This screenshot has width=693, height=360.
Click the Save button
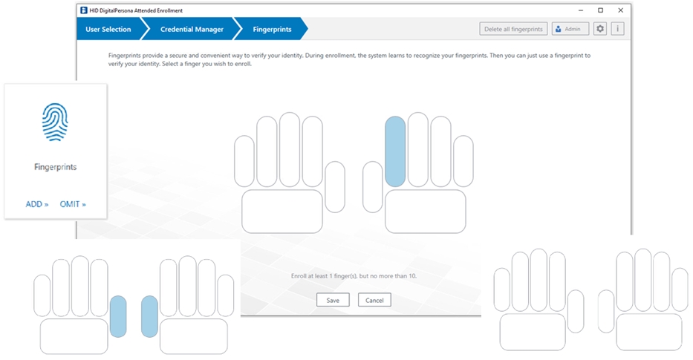click(x=333, y=300)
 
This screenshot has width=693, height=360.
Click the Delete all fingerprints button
click(x=513, y=29)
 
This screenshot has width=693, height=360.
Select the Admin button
click(x=570, y=29)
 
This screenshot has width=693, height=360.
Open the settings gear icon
click(x=599, y=29)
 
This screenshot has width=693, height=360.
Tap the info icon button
click(x=617, y=29)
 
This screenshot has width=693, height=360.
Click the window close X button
click(x=620, y=10)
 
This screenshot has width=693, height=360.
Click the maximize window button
click(x=600, y=10)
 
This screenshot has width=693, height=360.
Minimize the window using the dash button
click(x=581, y=10)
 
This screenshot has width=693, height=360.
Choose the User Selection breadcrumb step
click(x=108, y=29)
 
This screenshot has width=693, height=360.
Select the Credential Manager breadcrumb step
click(x=192, y=29)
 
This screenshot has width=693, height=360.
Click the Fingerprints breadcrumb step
click(x=272, y=29)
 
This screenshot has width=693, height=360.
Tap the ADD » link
click(x=37, y=204)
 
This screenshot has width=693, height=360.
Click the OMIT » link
click(x=73, y=204)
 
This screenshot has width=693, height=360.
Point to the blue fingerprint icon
click(x=55, y=122)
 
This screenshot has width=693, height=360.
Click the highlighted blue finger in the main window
click(x=395, y=151)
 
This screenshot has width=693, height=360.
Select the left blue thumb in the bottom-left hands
click(x=118, y=316)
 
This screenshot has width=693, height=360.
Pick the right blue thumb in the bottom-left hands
click(x=149, y=316)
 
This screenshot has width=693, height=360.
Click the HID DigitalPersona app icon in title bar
click(x=83, y=10)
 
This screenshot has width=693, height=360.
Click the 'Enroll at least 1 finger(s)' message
click(x=354, y=275)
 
